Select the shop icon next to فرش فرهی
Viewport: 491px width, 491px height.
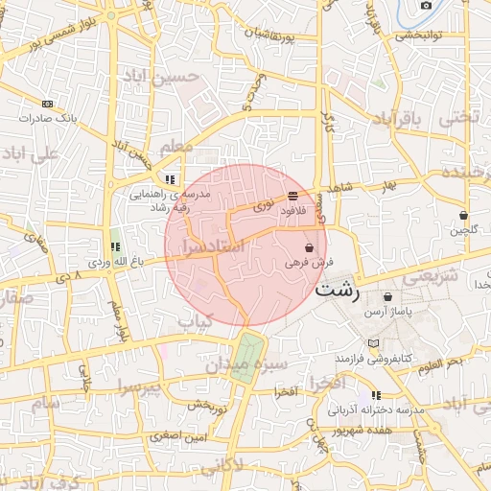click(308, 246)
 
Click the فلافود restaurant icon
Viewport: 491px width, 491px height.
click(292, 196)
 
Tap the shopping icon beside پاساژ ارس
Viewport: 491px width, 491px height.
click(387, 297)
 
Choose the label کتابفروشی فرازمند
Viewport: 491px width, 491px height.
click(373, 357)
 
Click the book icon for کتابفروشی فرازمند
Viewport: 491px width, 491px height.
click(374, 343)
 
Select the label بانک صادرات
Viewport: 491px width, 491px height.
click(47, 118)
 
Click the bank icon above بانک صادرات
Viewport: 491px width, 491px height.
click(47, 104)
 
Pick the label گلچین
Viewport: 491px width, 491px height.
click(464, 230)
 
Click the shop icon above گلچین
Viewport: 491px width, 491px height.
click(464, 216)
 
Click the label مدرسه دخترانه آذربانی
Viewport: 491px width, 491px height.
click(376, 409)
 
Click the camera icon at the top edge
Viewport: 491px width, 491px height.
click(426, 5)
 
